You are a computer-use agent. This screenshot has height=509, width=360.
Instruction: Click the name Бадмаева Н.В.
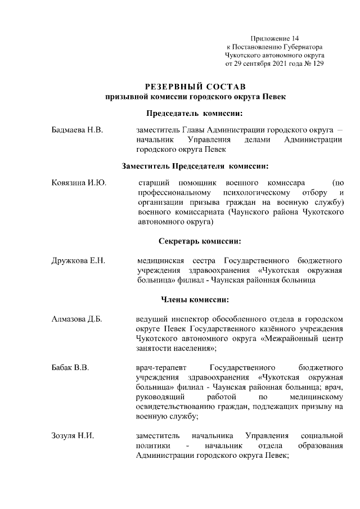(x=77, y=130)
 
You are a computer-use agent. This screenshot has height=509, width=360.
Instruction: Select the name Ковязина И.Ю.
(x=79, y=183)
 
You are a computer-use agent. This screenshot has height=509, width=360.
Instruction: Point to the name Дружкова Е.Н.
(x=79, y=260)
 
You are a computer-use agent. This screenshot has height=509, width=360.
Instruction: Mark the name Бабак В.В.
(x=71, y=367)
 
